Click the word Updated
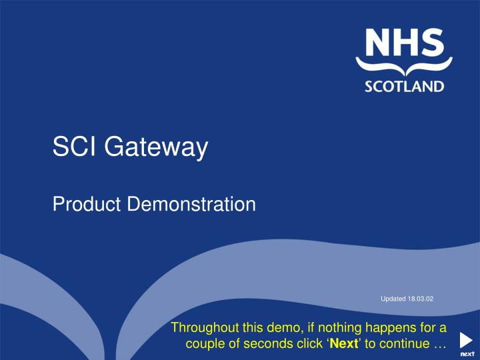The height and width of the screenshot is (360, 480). pos(393,299)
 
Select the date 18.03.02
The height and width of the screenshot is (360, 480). pos(421,299)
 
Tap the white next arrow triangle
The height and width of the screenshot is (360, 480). pos(467,339)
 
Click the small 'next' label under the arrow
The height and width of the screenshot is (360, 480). pos(467,354)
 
